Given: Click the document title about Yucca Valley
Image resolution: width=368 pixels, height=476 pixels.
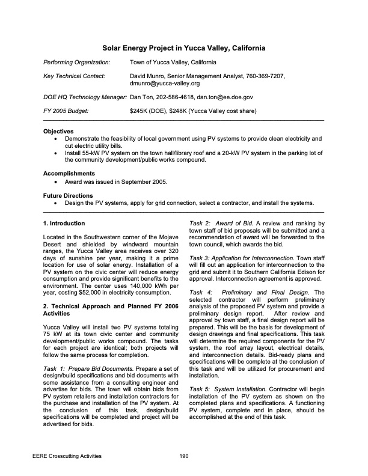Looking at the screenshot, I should coord(184,47).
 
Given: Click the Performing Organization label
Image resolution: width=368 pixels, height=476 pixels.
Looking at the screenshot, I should coord(76,62).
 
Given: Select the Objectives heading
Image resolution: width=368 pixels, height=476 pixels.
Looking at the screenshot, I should coord(58,131).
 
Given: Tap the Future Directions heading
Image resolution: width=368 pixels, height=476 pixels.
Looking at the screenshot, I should coord(69,195).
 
